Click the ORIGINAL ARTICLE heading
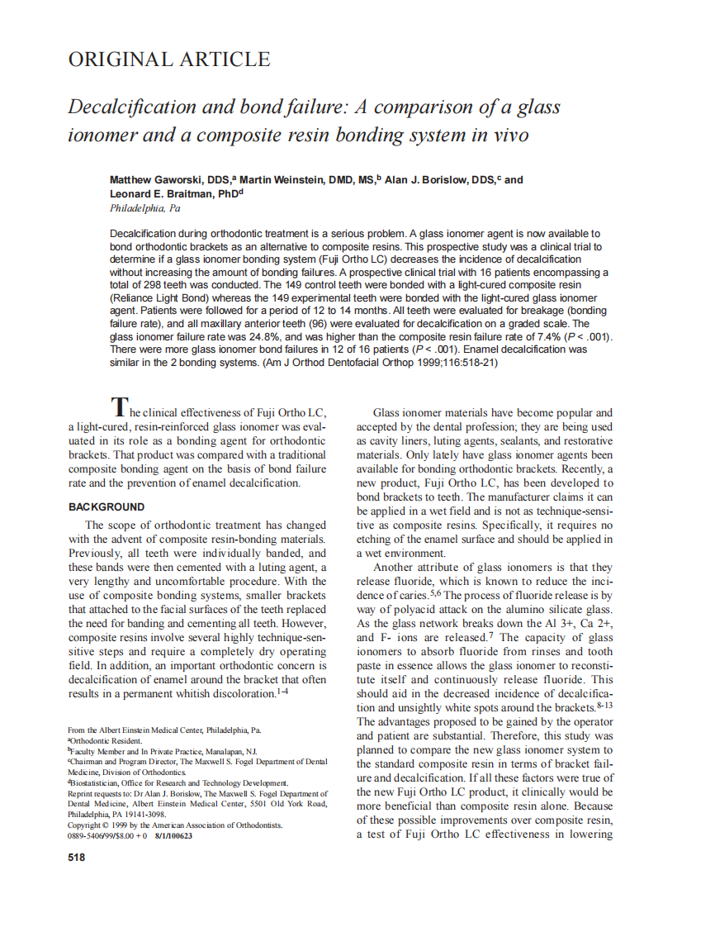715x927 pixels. tap(168, 59)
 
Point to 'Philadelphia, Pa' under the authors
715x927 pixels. tap(144, 208)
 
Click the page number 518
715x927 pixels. tap(76, 858)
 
